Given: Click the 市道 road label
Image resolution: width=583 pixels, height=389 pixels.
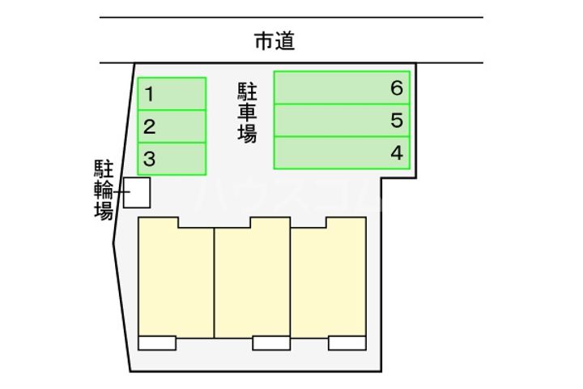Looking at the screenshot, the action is pos(274,41).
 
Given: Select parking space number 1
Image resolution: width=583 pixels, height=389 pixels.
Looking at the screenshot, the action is pos(172,93).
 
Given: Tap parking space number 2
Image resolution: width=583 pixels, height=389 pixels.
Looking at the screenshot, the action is pos(172,126).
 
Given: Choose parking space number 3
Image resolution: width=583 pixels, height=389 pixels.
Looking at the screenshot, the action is pos(172,159).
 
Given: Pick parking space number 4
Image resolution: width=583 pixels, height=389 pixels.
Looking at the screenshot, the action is pos(342,153).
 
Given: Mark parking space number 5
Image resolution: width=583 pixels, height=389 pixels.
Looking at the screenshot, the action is pos(342,121).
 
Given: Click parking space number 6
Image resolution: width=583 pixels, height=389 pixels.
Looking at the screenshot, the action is pos(342,88).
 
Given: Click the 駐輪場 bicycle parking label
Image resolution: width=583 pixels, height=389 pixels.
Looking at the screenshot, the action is pos(103,190).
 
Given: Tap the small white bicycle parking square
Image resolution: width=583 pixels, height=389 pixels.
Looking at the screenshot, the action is pos(137,192).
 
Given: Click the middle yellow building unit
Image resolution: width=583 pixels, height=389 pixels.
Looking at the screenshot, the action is pos(253,280).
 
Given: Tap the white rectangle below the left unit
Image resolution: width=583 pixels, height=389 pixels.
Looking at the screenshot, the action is pos(157,343).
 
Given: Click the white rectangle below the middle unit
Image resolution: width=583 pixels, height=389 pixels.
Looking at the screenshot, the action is pos(271,343).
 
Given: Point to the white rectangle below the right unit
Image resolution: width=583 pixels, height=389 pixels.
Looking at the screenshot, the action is pos(347,343).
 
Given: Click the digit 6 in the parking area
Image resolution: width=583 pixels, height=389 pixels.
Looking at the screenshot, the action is pos(396,88).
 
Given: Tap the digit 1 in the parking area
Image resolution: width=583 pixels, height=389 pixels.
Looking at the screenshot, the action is pos(150,94).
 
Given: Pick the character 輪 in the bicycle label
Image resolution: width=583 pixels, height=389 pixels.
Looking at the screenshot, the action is pos(103,191).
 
